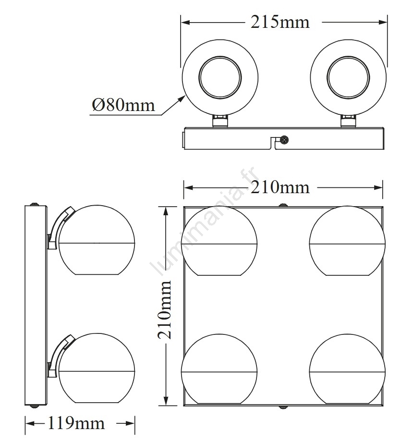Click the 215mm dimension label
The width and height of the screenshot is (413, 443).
[280, 22]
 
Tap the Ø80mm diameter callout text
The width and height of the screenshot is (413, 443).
[123, 105]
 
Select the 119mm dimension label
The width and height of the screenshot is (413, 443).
[76, 423]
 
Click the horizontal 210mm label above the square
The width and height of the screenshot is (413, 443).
[280, 187]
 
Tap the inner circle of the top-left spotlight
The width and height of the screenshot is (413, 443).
[220, 77]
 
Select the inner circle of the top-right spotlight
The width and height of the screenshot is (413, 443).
[348, 77]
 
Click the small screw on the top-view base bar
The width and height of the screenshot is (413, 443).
[283, 139]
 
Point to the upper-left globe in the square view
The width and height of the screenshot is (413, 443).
[219, 241]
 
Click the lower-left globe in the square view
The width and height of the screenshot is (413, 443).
[219, 369]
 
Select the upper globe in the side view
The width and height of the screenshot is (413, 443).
[97, 240]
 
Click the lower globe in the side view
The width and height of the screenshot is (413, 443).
[97, 368]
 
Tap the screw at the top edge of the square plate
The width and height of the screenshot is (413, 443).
[282, 205]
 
